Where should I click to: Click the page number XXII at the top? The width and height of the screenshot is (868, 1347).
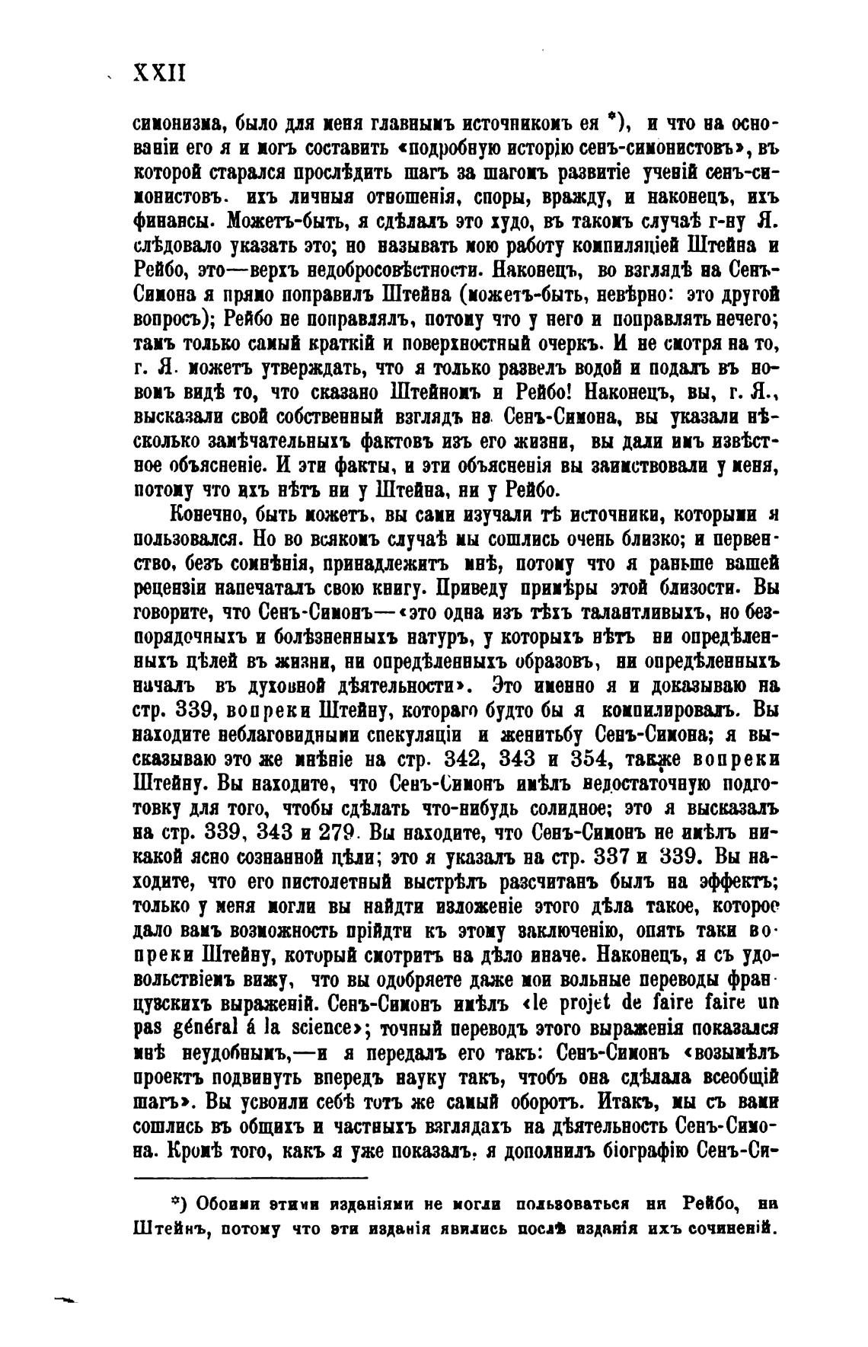tap(159, 73)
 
